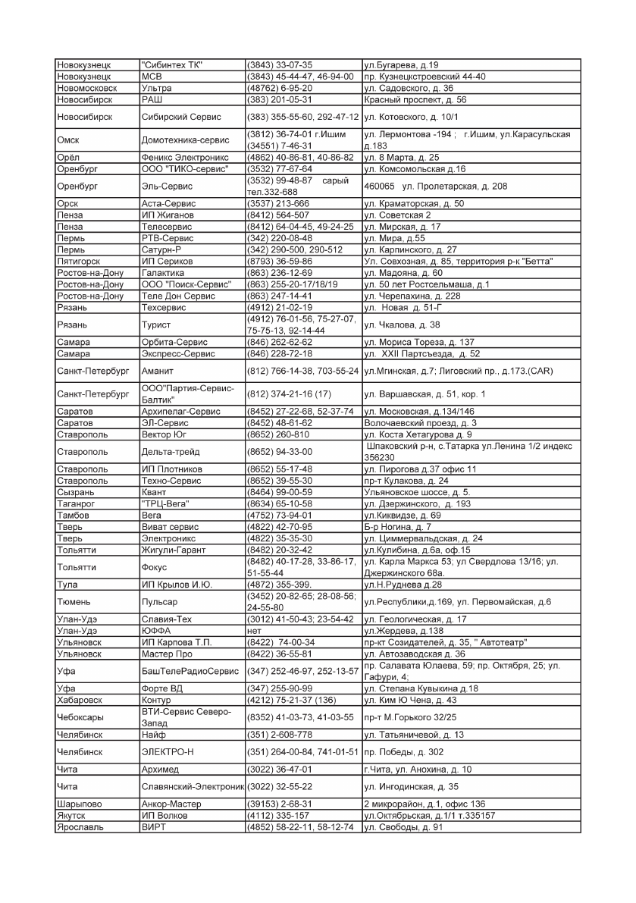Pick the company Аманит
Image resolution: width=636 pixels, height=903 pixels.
[158, 372]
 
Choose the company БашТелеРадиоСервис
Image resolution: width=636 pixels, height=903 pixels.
[190, 672]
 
